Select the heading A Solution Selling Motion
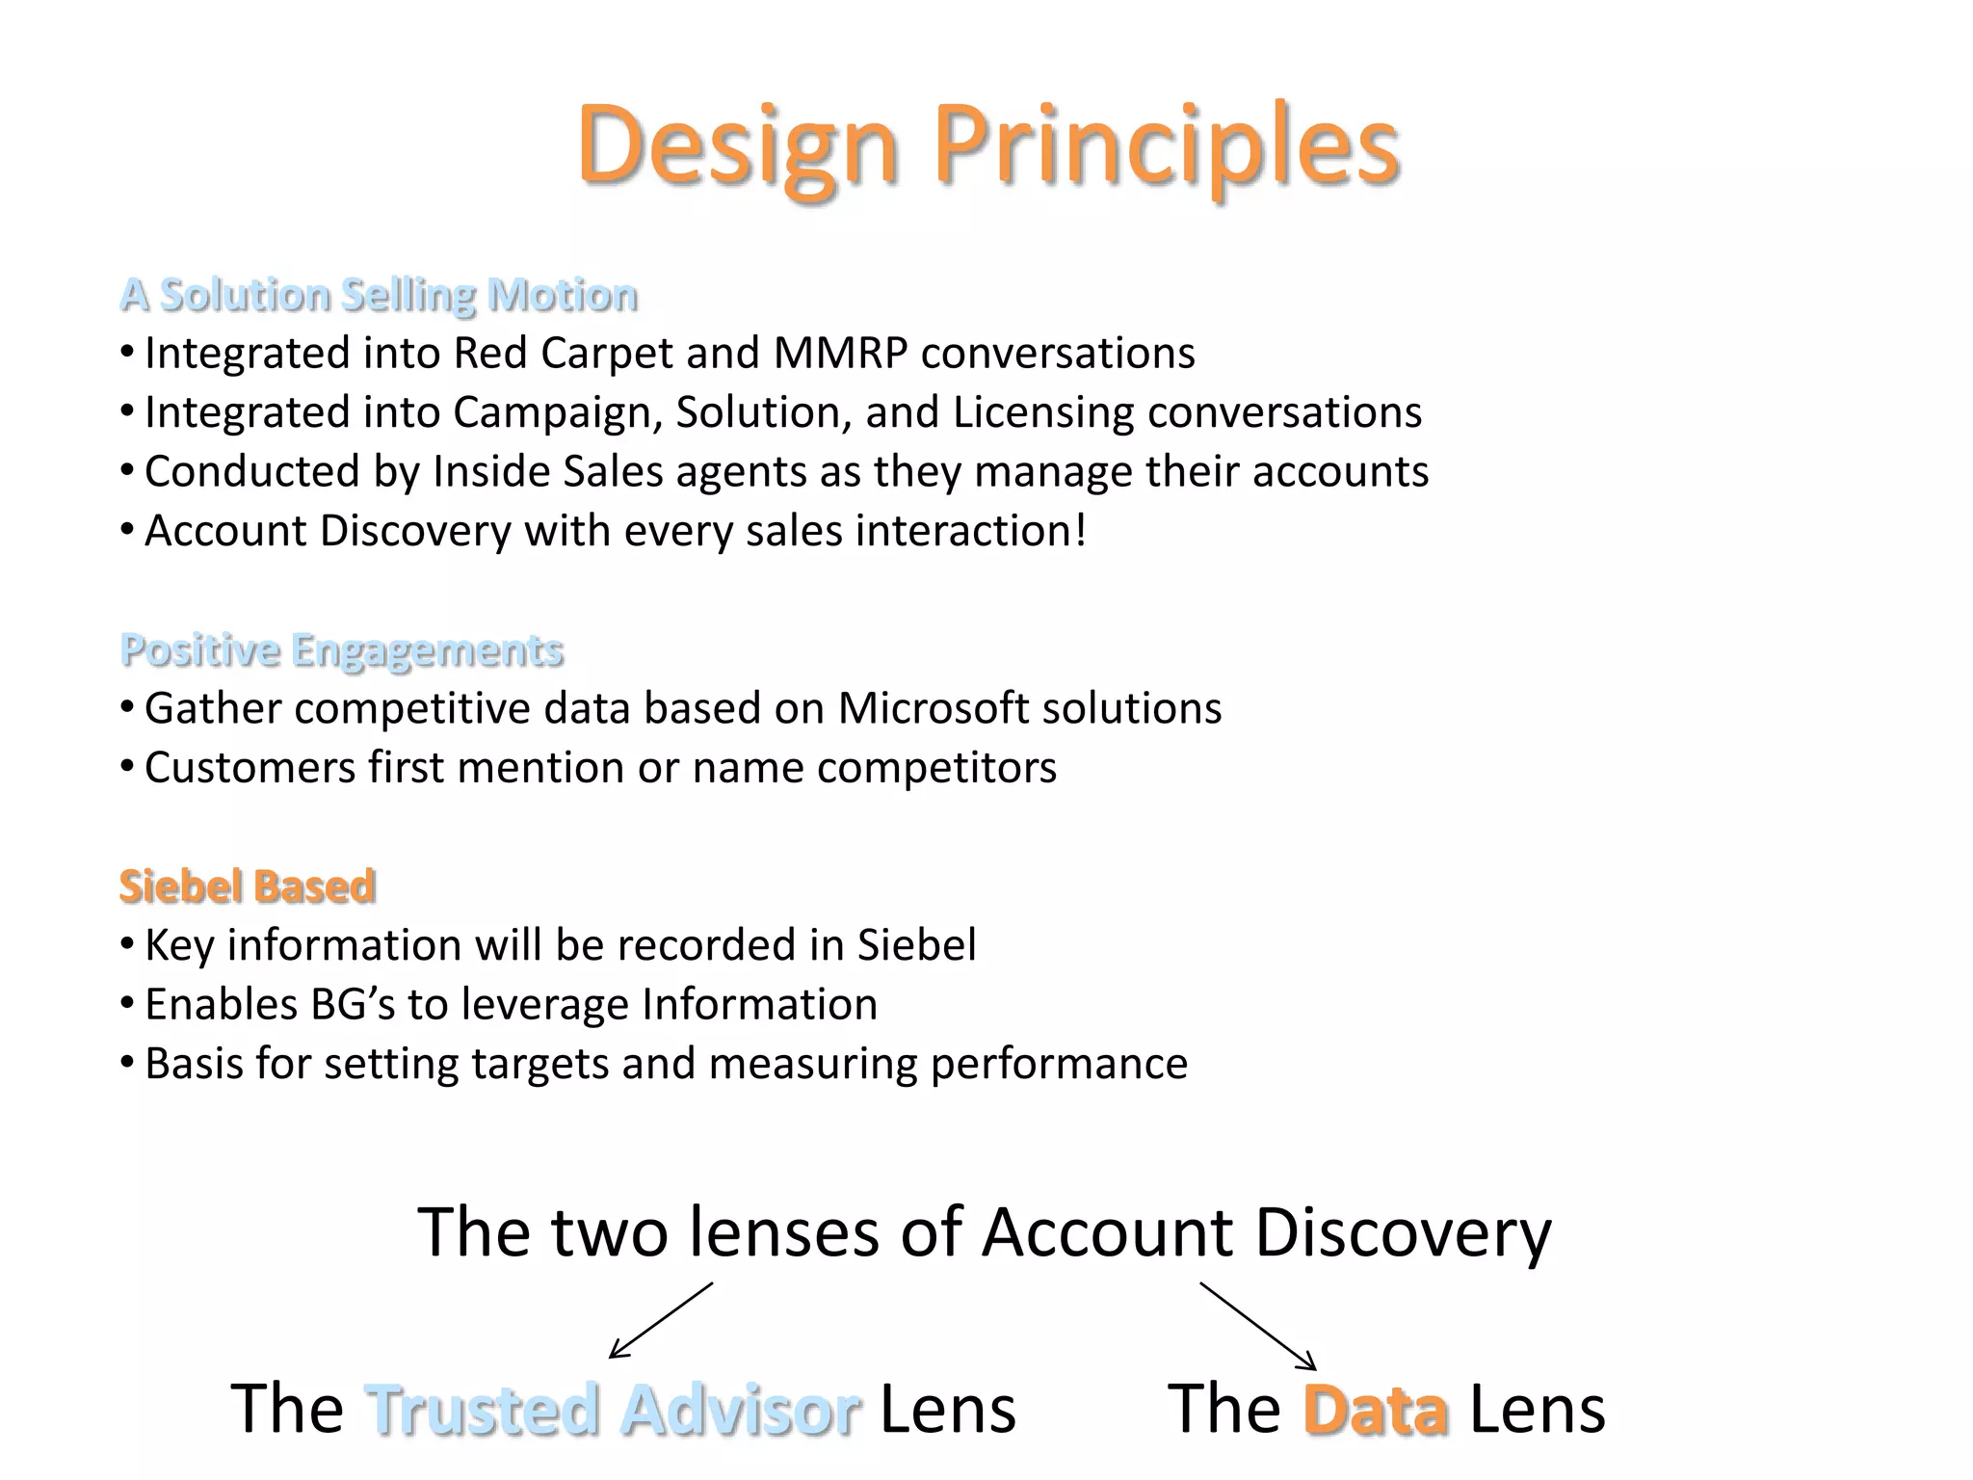point(379,295)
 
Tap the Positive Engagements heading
point(342,650)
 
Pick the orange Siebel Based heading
point(248,886)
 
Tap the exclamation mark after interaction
point(1081,531)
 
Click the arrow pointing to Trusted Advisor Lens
point(661,1320)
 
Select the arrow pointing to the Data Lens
point(1257,1326)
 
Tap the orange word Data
point(1375,1410)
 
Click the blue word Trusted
point(485,1410)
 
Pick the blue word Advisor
point(740,1410)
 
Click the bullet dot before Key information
point(127,945)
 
